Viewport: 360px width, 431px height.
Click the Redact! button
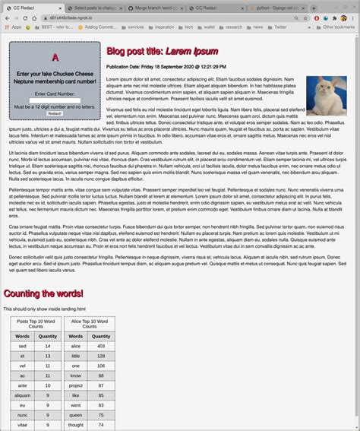(54, 113)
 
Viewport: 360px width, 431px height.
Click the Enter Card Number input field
(54, 100)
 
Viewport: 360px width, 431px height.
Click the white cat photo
(326, 95)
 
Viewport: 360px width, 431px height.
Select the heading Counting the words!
(43, 293)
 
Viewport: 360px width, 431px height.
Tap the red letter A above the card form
(55, 58)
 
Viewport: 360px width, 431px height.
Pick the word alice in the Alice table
(76, 346)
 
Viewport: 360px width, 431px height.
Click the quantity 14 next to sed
(47, 346)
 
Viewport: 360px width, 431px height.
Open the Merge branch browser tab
(152, 6)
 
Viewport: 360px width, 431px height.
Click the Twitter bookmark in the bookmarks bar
(280, 27)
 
